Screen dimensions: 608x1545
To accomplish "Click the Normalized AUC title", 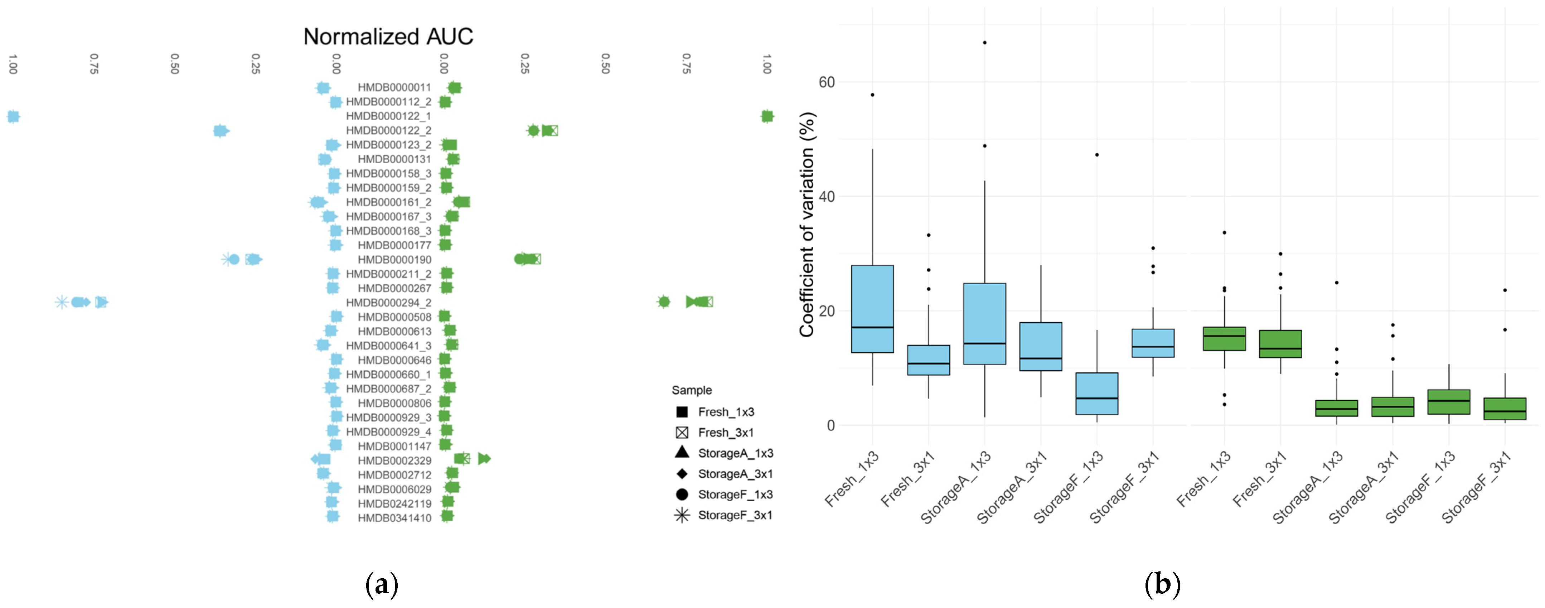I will (x=388, y=37).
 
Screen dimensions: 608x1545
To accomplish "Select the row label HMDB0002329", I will (x=394, y=461).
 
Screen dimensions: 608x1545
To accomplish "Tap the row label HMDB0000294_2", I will (x=388, y=303).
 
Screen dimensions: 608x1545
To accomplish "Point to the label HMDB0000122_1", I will (x=388, y=116).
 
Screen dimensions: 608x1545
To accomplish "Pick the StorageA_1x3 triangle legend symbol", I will (x=682, y=453).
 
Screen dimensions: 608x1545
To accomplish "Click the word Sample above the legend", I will (x=692, y=390).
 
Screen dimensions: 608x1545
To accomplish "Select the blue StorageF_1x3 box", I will (x=1096, y=394).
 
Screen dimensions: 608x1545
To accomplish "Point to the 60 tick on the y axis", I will (x=827, y=82).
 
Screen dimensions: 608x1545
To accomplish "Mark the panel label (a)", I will (x=382, y=584).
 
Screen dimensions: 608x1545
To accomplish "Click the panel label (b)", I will (x=1162, y=584).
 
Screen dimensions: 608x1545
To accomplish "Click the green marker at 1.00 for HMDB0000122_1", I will (x=767, y=116).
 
